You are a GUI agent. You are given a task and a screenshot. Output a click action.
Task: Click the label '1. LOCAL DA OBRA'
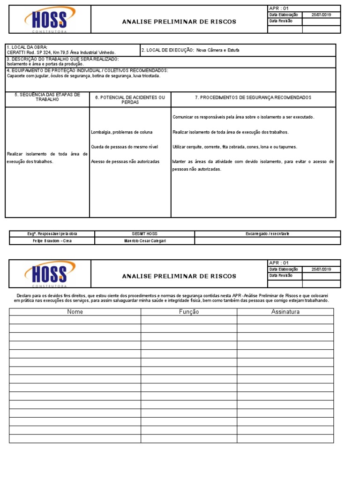click(x=27, y=47)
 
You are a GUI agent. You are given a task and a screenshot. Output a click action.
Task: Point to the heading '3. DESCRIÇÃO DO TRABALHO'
click(x=62, y=59)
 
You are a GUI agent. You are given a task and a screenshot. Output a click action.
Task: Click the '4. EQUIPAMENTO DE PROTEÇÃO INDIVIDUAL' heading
click(x=87, y=70)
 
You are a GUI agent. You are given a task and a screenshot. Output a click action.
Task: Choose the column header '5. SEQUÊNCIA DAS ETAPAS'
click(x=47, y=97)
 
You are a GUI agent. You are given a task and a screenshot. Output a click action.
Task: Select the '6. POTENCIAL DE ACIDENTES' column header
click(x=130, y=99)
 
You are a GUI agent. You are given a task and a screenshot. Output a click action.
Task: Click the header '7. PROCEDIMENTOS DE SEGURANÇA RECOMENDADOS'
click(x=253, y=97)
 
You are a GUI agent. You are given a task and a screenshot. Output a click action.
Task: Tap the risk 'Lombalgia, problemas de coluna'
click(x=121, y=132)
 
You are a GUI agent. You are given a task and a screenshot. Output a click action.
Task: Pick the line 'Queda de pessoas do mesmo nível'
click(x=124, y=147)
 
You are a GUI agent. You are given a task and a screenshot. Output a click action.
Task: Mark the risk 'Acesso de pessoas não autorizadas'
click(x=125, y=161)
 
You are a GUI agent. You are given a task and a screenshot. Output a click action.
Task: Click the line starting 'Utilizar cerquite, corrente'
click(x=235, y=147)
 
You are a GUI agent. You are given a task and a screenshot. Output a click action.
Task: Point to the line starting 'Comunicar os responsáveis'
click(x=243, y=117)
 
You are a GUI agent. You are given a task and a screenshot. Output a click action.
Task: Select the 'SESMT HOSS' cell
click(x=145, y=233)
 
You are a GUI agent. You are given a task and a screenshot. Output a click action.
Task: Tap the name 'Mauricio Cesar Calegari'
click(x=145, y=241)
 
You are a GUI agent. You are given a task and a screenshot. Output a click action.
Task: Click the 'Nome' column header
click(x=75, y=312)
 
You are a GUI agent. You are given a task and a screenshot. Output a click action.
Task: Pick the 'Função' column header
click(x=189, y=312)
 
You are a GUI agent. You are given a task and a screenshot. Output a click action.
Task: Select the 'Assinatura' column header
click(x=285, y=312)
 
